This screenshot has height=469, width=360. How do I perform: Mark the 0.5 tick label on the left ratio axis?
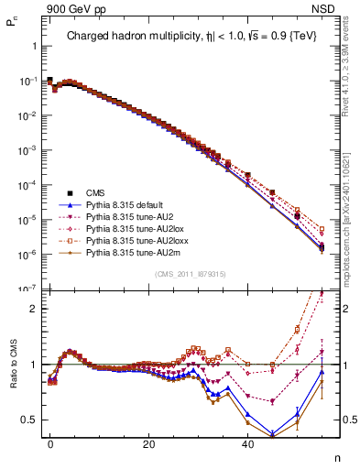point(28,420)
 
